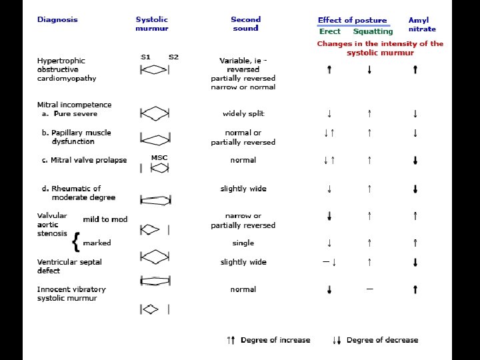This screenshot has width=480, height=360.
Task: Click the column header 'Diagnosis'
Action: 57,19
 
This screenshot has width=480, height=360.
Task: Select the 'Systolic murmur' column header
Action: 152,24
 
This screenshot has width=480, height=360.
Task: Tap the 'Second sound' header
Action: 245,24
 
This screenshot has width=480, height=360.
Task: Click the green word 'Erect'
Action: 330,31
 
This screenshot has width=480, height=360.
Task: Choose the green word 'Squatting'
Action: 373,31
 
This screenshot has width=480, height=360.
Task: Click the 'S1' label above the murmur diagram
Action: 145,57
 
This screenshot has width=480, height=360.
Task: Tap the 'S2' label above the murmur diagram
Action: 173,57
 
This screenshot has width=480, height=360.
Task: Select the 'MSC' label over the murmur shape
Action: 159,158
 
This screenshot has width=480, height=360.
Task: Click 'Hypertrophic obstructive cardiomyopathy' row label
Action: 67,69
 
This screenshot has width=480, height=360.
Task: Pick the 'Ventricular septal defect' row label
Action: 69,266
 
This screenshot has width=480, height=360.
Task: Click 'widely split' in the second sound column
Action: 243,113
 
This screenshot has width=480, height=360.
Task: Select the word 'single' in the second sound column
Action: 243,243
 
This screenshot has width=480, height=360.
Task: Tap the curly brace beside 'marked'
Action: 77,243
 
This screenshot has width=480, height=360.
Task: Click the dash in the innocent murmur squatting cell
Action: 369,289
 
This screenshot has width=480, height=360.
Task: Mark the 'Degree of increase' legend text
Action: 275,340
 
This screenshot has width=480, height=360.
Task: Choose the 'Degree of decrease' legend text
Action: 382,340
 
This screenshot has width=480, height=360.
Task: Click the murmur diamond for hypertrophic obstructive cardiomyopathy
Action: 155,69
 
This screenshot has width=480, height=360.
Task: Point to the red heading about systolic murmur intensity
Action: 380,48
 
